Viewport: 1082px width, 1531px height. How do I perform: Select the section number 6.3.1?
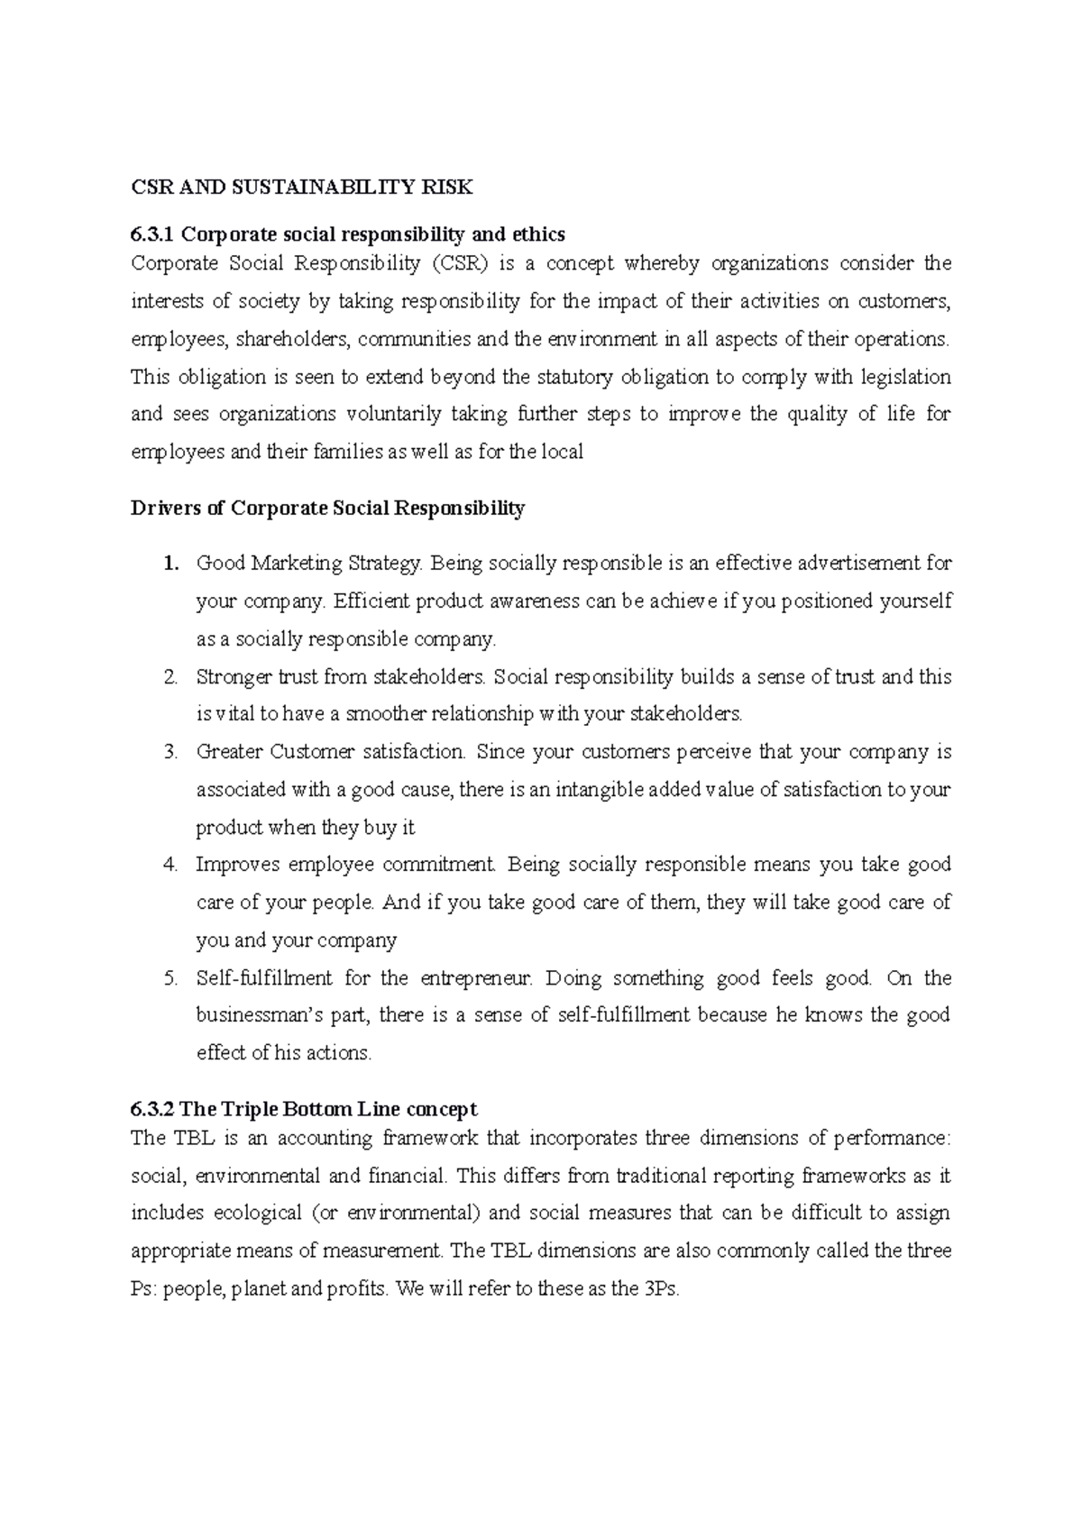[151, 234]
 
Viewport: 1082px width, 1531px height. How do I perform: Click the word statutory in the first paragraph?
[576, 377]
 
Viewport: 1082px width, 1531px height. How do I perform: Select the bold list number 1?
[170, 564]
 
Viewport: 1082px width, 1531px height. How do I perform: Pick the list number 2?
[170, 677]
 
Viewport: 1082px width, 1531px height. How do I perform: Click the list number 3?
[170, 752]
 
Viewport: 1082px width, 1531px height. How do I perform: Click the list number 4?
[170, 865]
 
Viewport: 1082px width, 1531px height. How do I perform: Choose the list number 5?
[170, 978]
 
